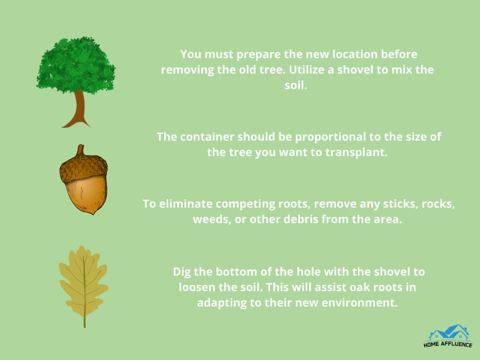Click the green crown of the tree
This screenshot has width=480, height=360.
pos(75,65)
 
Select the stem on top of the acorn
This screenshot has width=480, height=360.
pos(80,150)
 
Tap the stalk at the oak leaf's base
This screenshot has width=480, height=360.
pos(85,322)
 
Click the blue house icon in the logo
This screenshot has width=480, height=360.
pos(449,332)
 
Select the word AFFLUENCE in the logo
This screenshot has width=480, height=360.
pos(456,345)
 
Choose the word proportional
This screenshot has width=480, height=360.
pos(330,137)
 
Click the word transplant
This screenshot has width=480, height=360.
pos(356,152)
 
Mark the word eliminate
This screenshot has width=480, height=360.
pos(186,204)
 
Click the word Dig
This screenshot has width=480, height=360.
pos(182,272)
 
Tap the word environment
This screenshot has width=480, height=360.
pos(360,303)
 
